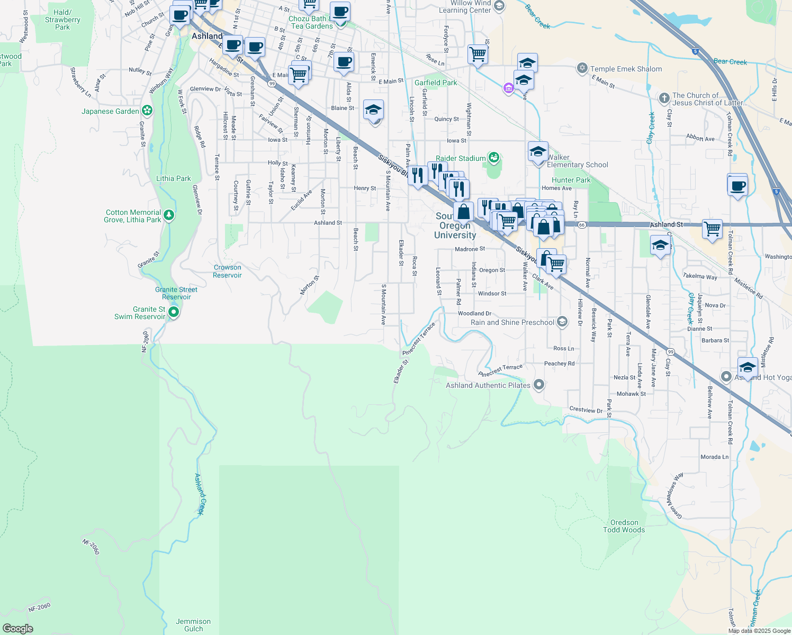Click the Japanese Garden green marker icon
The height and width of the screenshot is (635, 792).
pyautogui.click(x=147, y=111)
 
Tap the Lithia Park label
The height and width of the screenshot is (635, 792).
pyautogui.click(x=173, y=178)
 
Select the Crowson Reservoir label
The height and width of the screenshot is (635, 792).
pyautogui.click(x=227, y=271)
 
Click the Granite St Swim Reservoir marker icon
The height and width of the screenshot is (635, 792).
pyautogui.click(x=173, y=313)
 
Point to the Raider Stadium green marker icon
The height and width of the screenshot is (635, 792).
pyautogui.click(x=494, y=157)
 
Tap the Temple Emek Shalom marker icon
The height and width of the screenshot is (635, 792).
pyautogui.click(x=582, y=68)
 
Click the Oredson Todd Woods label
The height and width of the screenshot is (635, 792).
pyautogui.click(x=624, y=526)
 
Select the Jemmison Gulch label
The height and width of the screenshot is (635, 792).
pyautogui.click(x=193, y=625)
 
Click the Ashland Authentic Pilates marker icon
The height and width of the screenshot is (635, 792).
pyautogui.click(x=539, y=385)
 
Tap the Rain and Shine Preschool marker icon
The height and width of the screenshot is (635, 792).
pyautogui.click(x=562, y=322)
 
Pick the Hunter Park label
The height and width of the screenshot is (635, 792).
pyautogui.click(x=571, y=180)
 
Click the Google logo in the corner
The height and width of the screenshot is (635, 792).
pyautogui.click(x=18, y=629)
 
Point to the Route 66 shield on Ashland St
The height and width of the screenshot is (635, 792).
pyautogui.click(x=582, y=225)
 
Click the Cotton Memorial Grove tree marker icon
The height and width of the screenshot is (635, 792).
pyautogui.click(x=169, y=215)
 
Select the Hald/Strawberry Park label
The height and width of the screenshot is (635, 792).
pyautogui.click(x=62, y=20)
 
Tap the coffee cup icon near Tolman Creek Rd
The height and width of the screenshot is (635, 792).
pyautogui.click(x=737, y=186)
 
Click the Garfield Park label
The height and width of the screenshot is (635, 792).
pyautogui.click(x=435, y=83)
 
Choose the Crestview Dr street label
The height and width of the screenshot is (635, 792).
pyautogui.click(x=586, y=410)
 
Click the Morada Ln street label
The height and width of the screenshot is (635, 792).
pyautogui.click(x=714, y=457)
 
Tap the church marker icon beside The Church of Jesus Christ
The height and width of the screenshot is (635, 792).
pyautogui.click(x=664, y=98)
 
